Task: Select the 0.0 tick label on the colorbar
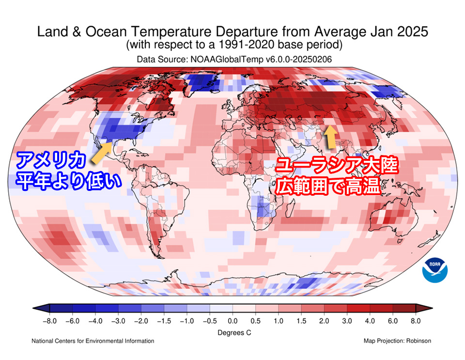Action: (232, 321)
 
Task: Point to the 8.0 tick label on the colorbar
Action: (416, 321)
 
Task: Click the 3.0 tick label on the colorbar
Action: (347, 321)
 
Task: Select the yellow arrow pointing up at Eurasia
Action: (330, 136)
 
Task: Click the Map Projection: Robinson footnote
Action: (397, 341)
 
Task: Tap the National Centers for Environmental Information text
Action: (93, 341)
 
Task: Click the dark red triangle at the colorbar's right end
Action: (428, 308)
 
